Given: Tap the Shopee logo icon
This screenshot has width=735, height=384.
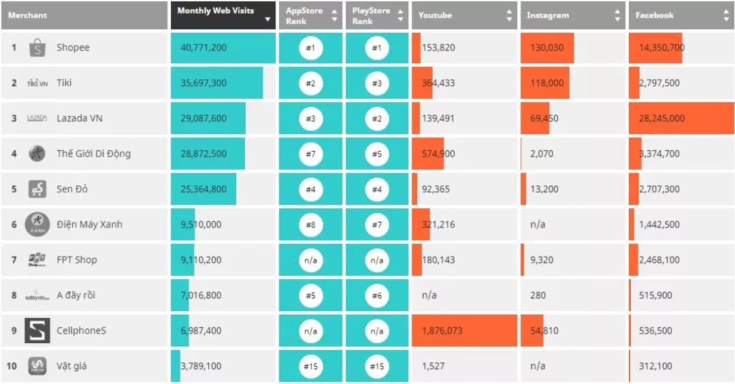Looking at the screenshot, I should pos(37,48).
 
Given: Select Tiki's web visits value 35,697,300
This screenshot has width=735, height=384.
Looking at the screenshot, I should pos(203,83).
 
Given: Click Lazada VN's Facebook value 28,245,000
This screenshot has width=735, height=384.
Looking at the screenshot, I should pos(661,118).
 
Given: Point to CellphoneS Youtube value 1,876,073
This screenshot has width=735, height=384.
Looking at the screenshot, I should pos(442,331).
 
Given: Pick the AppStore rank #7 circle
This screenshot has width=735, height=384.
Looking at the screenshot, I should pos(310,154).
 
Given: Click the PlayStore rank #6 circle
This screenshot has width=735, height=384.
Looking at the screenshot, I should pos(377,295).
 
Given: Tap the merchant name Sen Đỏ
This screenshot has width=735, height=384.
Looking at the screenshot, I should pos(72,189).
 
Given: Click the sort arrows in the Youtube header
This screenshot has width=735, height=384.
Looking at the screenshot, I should pos(509,16).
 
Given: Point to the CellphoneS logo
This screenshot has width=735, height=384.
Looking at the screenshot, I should pos(37,331).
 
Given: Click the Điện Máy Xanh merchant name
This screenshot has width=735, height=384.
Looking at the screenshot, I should pos(89,225).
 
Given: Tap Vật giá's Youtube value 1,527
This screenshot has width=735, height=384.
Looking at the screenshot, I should pos(433,366).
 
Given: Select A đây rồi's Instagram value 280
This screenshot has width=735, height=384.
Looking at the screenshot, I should pos(538,295).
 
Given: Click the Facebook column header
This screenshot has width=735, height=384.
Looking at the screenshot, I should pos(655,16).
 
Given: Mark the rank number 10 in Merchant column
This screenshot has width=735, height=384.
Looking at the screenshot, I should pos(12,366).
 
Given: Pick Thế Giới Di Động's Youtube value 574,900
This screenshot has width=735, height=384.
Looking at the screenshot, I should pos(438,154).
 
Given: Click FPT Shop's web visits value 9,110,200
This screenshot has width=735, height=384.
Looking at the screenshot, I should pos(201,260).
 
